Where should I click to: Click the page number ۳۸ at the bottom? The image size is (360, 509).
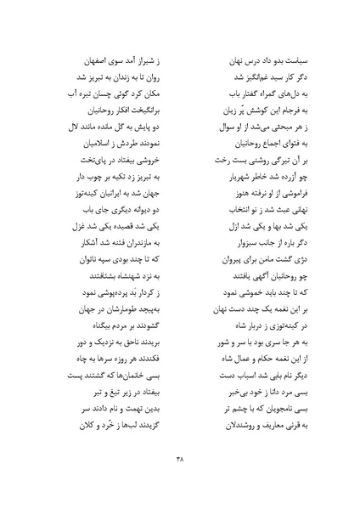click(x=179, y=461)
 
